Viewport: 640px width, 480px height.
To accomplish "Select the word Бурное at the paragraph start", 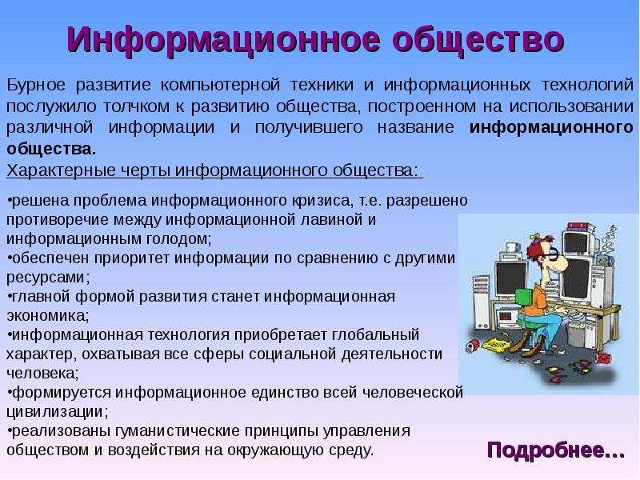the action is [x=36, y=86].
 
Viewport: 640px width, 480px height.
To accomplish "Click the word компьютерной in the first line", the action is [x=220, y=86].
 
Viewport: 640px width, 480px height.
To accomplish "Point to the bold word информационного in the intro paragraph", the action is [x=551, y=128].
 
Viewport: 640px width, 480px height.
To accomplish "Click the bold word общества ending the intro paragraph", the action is [x=51, y=149].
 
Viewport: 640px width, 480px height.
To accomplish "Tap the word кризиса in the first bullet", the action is [x=323, y=201].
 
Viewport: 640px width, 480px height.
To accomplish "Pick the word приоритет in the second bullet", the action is [x=131, y=258].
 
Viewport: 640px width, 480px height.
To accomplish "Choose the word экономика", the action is [x=48, y=316].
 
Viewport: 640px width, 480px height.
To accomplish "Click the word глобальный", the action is [x=376, y=335].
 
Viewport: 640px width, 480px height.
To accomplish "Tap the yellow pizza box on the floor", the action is [x=498, y=344].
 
